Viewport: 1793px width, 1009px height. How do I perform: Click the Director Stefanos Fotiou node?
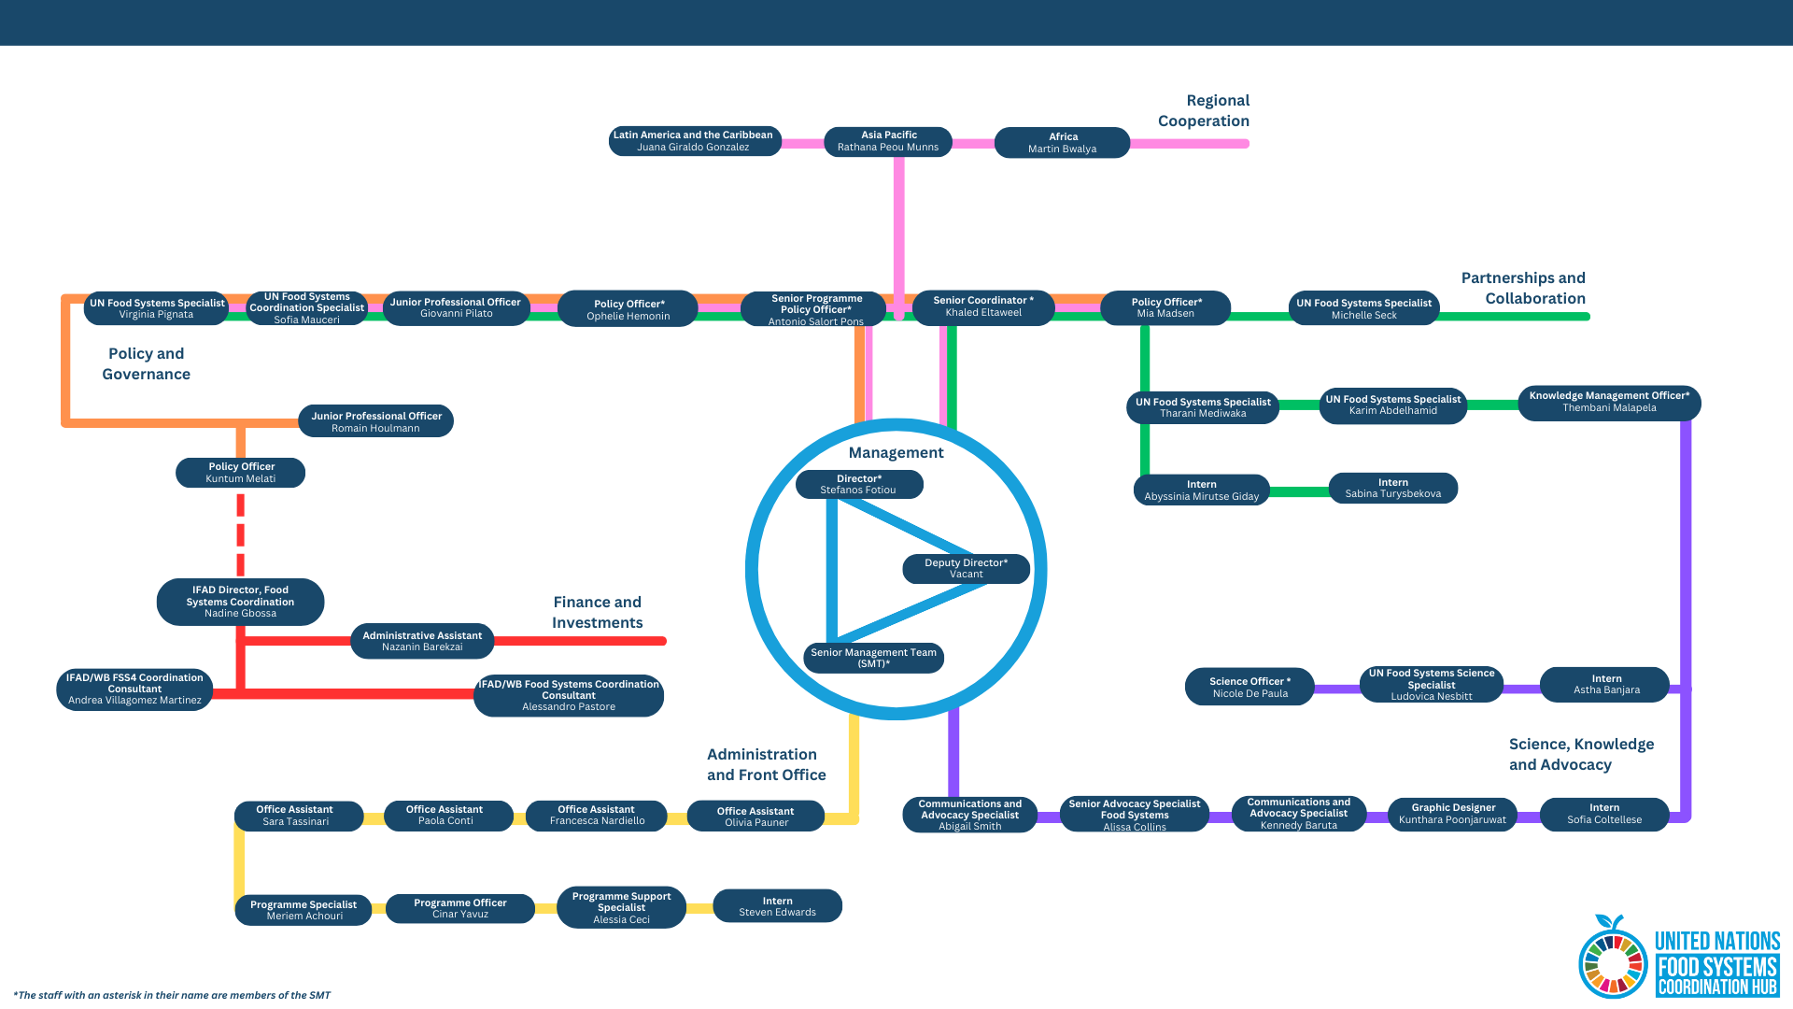(x=859, y=484)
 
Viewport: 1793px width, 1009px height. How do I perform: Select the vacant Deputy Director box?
(x=966, y=568)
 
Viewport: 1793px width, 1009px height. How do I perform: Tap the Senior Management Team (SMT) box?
(x=873, y=658)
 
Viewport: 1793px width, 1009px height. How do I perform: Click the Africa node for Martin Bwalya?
(x=1062, y=143)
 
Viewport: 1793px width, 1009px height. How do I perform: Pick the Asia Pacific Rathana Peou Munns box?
(x=887, y=141)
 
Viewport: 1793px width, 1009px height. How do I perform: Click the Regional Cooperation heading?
(x=1204, y=110)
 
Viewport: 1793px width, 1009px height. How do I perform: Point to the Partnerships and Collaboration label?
(x=1523, y=288)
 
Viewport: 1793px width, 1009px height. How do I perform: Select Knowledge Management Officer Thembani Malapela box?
(x=1608, y=402)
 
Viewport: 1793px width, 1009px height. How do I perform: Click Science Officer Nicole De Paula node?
(x=1249, y=687)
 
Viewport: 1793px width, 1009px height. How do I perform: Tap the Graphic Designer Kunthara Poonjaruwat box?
(x=1452, y=814)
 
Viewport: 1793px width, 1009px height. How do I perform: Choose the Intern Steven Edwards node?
(x=777, y=906)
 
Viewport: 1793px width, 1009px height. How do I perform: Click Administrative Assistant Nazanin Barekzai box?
(x=422, y=641)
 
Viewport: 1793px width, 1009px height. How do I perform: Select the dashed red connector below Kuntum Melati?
(x=240, y=534)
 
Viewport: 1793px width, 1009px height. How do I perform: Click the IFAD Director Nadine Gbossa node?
(x=240, y=602)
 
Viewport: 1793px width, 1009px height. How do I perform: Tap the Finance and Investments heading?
(x=597, y=612)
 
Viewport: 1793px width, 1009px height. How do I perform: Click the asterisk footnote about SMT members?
(x=172, y=995)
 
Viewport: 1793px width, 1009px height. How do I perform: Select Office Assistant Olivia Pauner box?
(x=755, y=816)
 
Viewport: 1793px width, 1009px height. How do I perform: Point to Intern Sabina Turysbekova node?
(x=1392, y=488)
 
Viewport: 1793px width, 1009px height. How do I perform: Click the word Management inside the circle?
(x=896, y=452)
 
